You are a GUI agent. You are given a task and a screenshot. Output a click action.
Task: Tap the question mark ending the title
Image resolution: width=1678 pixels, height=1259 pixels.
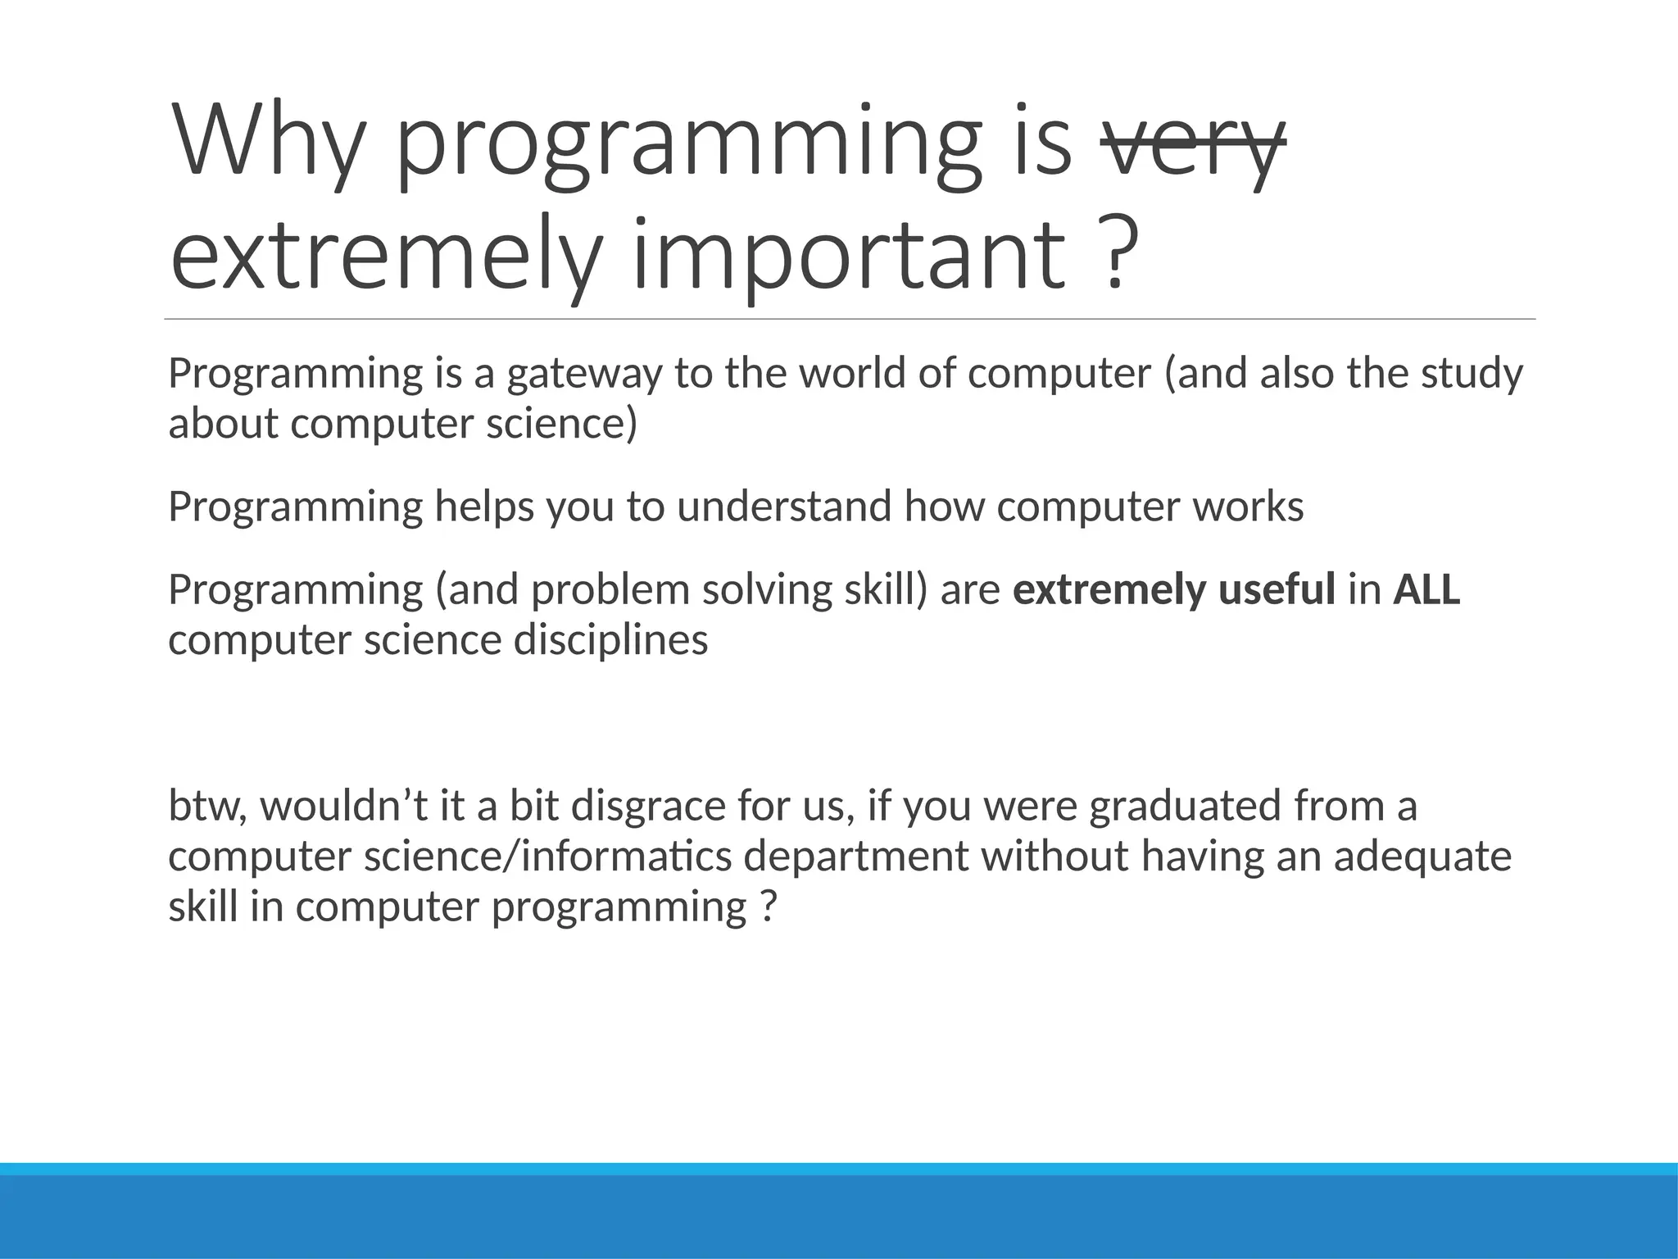[x=1117, y=250]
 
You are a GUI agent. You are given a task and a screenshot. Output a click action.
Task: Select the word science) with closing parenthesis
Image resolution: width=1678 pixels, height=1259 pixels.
[x=561, y=424]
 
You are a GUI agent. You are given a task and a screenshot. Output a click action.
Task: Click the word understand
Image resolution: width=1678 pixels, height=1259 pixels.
[x=785, y=507]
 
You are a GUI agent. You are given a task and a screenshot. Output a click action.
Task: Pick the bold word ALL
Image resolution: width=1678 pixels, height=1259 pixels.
[x=1426, y=590]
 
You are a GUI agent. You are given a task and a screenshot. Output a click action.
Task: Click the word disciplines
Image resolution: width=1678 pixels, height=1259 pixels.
[x=610, y=640]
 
